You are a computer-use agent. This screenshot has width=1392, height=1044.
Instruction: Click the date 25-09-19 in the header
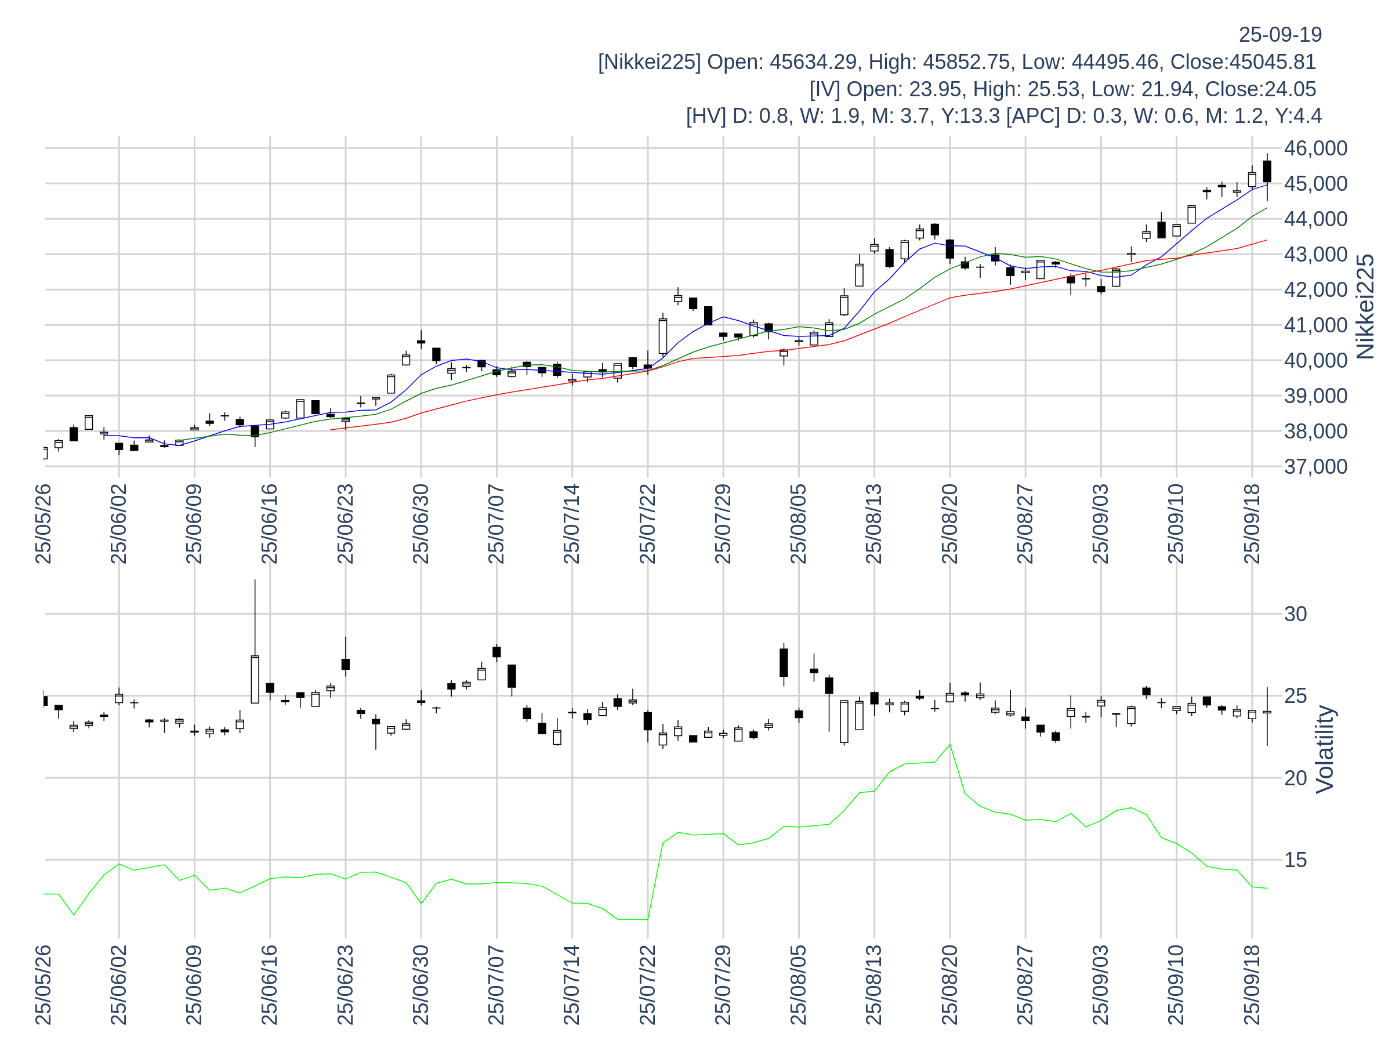pyautogui.click(x=1280, y=35)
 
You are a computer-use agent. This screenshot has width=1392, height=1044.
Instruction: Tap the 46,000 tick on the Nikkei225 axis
pyautogui.click(x=1315, y=148)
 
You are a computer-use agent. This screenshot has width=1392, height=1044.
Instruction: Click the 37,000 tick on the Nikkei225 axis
pyautogui.click(x=1315, y=467)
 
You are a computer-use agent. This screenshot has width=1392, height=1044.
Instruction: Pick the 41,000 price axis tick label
pyautogui.click(x=1315, y=325)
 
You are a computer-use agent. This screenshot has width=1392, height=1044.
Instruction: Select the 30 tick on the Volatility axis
pyautogui.click(x=1296, y=614)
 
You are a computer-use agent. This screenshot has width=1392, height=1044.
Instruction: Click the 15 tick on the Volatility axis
pyautogui.click(x=1296, y=860)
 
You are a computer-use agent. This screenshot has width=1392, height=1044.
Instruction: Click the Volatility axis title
pyautogui.click(x=1325, y=749)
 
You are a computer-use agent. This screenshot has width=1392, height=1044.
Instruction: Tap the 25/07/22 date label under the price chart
pyautogui.click(x=647, y=524)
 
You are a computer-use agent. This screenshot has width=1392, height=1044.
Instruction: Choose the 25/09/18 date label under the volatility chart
pyautogui.click(x=1252, y=985)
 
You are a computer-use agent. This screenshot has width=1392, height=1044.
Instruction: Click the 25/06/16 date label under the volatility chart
pyautogui.click(x=270, y=985)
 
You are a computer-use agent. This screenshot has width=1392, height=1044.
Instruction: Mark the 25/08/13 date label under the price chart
pyautogui.click(x=874, y=524)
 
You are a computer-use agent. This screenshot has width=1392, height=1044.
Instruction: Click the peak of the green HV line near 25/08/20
pyautogui.click(x=949, y=745)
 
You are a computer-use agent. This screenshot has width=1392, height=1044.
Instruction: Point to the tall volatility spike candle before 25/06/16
pyautogui.click(x=255, y=680)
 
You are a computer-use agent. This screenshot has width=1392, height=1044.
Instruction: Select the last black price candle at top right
pyautogui.click(x=1267, y=171)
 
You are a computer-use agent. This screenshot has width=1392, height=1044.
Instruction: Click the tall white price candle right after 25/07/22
pyautogui.click(x=662, y=336)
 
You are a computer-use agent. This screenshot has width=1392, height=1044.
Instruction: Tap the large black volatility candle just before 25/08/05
pyautogui.click(x=784, y=662)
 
